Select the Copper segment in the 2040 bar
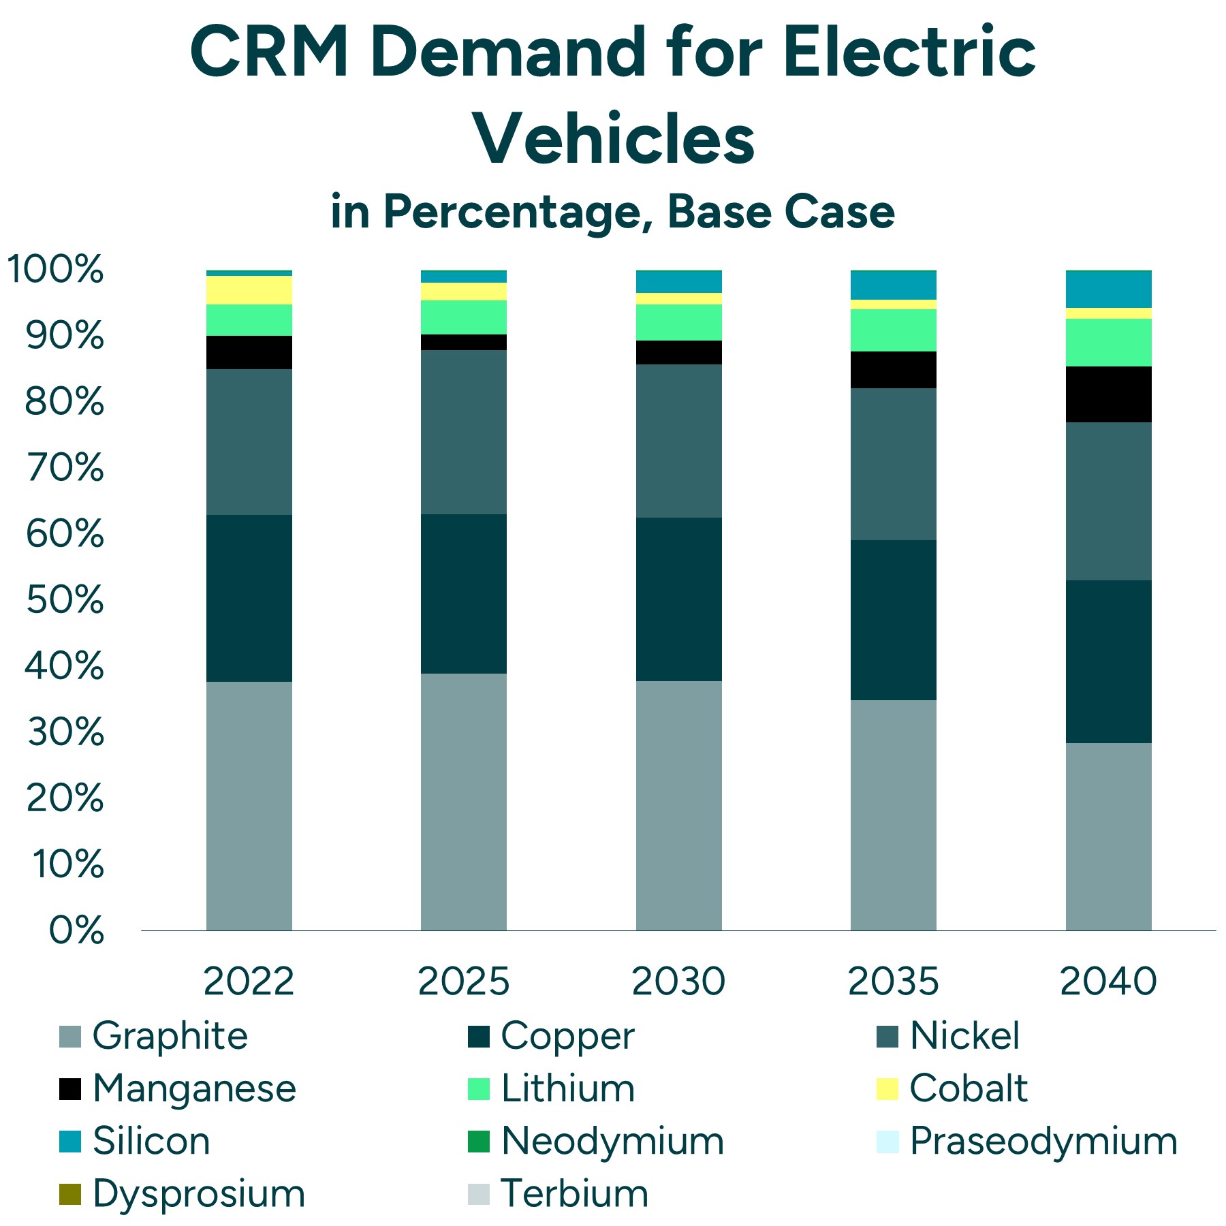point(1108,661)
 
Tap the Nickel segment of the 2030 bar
point(678,441)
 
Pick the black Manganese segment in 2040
point(1108,394)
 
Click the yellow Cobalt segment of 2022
point(249,289)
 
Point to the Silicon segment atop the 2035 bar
point(893,285)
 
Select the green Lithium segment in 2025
point(463,317)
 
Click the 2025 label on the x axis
point(463,981)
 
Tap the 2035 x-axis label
point(893,981)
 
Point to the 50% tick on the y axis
point(65,600)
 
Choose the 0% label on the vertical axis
point(76,930)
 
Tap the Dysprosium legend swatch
point(70,1194)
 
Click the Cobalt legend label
point(967,1088)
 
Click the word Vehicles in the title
point(614,140)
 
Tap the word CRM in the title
point(270,53)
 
